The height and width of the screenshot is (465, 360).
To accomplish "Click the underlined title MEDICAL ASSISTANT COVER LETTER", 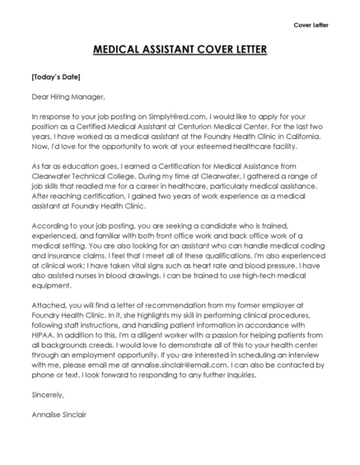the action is click(x=180, y=49).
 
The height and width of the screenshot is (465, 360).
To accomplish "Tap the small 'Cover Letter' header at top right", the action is click(x=311, y=25).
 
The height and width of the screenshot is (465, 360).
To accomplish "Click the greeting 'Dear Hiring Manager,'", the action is click(x=65, y=96).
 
